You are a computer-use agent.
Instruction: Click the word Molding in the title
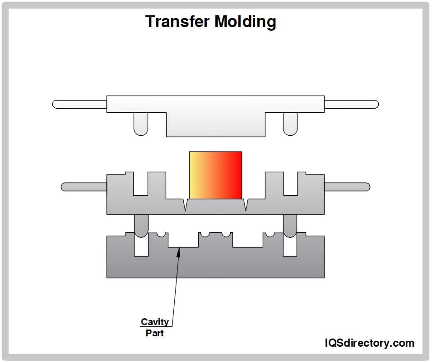[248, 21]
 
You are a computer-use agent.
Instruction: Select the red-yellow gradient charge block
[215, 175]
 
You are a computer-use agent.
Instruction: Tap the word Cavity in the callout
[155, 322]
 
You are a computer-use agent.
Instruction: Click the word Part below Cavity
[155, 333]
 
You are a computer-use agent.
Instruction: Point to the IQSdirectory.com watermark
[369, 343]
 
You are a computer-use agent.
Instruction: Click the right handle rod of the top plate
[351, 104]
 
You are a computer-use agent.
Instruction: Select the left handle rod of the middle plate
[84, 186]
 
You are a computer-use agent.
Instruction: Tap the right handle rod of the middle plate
[347, 186]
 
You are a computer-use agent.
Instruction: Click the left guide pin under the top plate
[141, 124]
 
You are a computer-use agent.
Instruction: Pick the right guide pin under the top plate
[290, 124]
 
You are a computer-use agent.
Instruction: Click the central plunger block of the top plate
[215, 124]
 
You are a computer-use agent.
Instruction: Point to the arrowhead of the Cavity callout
[179, 251]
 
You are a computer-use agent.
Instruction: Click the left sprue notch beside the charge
[185, 205]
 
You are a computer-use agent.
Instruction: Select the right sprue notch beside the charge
[246, 205]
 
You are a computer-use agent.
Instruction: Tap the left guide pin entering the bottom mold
[141, 225]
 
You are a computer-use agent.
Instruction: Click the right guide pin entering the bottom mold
[290, 225]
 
